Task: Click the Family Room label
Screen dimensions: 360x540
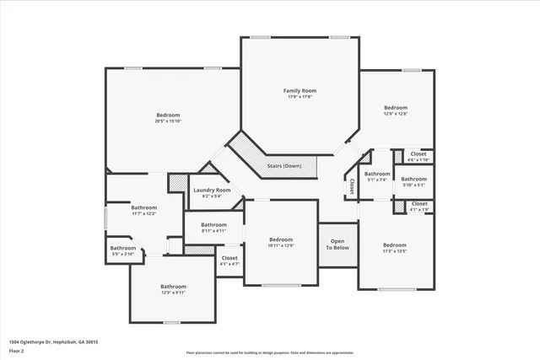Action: click(300, 90)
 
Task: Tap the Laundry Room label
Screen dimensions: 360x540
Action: click(212, 191)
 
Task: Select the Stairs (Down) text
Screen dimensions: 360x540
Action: click(284, 166)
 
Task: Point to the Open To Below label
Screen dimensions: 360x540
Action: click(337, 244)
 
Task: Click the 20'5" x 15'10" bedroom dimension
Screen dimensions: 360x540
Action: click(167, 121)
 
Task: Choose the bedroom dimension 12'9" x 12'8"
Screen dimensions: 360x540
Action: click(396, 115)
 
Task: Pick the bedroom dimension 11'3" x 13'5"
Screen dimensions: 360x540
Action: click(395, 251)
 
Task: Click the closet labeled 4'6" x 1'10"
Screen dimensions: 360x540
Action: click(419, 160)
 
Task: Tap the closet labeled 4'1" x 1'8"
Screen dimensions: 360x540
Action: click(419, 209)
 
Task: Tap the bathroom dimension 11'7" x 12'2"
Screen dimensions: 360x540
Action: click(143, 213)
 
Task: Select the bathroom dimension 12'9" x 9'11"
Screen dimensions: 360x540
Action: click(173, 293)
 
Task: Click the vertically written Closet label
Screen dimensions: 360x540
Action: click(352, 186)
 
